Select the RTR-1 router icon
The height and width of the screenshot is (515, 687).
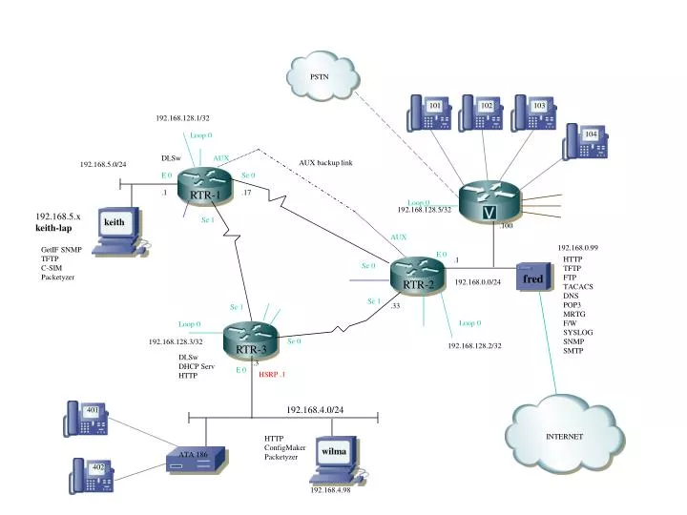206,185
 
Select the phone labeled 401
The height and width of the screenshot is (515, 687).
86,418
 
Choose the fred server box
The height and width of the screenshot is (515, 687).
533,279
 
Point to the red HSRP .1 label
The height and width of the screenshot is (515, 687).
272,375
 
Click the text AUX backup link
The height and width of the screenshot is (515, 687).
325,163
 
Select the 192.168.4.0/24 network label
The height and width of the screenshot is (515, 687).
315,409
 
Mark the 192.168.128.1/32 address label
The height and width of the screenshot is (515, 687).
182,118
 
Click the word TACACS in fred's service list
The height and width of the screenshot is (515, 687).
578,286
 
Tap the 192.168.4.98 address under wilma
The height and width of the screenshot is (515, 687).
330,490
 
